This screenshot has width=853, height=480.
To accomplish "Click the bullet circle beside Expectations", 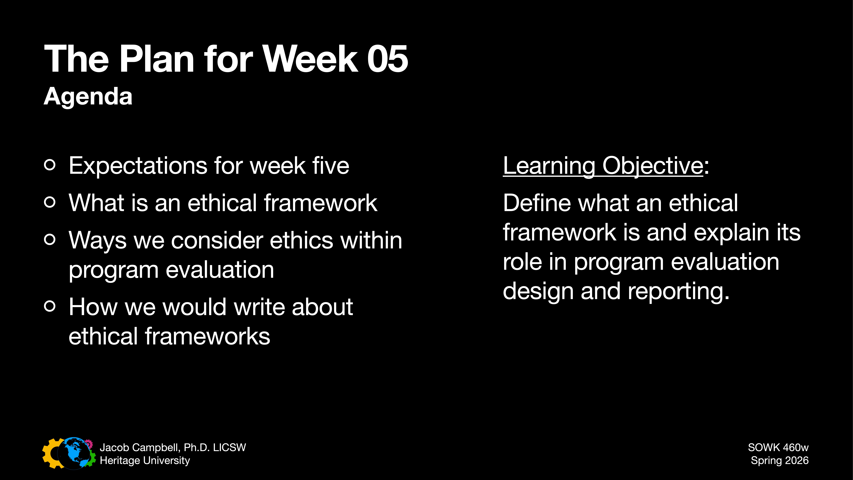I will [x=50, y=165].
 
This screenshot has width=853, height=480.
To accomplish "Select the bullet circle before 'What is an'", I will [x=50, y=202].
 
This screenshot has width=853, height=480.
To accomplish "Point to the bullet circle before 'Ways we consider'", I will [x=50, y=239].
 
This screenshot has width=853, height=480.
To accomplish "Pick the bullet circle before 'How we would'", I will [x=50, y=306].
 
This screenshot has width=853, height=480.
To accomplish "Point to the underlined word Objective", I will [x=652, y=166].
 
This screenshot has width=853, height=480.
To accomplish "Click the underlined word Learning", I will [x=549, y=166].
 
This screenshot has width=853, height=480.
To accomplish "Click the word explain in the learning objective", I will [x=731, y=233].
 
